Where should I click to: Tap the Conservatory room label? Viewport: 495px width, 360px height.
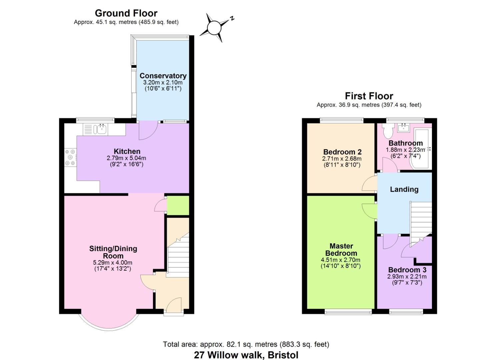tap(163, 76)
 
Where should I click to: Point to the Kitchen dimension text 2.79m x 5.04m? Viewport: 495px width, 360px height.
tap(126, 158)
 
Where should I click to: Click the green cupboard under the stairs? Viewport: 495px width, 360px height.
tap(178, 205)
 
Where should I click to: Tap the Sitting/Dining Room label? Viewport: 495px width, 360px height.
tap(113, 252)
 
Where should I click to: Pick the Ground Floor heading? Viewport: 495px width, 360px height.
tap(126, 13)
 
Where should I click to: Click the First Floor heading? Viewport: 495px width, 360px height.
tap(369, 96)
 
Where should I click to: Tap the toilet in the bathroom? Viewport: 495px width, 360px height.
tap(388, 131)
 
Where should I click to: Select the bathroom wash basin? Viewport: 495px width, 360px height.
tap(404, 128)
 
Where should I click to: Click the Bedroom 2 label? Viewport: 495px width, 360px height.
tap(342, 152)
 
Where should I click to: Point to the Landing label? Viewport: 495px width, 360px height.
tap(404, 189)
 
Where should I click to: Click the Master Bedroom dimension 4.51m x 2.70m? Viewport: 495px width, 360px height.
tap(341, 260)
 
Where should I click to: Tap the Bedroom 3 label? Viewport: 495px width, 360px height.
tap(407, 270)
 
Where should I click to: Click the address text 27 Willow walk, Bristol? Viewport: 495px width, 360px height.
tap(246, 355)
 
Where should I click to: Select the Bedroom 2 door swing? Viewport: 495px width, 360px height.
tap(369, 183)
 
